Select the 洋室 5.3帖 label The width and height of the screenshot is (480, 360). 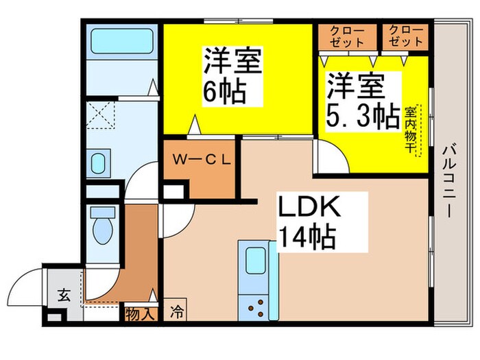361,101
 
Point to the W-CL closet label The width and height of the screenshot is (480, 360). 204,161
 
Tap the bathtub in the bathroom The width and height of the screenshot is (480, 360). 119,43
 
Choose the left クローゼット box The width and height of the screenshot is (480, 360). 347,36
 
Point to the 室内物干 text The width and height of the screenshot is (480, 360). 411,130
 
